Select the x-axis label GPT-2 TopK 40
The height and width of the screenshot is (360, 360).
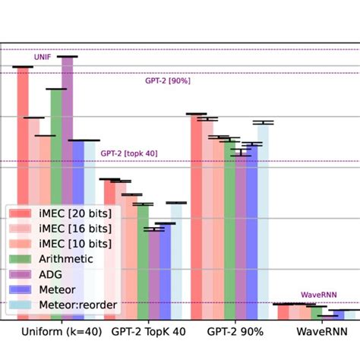(148, 332)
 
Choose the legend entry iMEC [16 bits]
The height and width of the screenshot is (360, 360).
(74, 228)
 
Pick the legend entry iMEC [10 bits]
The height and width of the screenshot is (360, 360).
(74, 243)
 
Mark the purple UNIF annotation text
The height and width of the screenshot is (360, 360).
(43, 57)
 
